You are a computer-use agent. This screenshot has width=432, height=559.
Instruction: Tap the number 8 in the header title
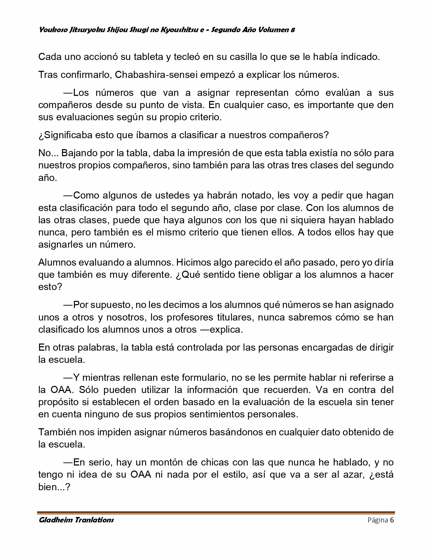tap(292, 30)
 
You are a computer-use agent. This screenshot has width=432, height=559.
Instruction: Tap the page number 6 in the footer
tap(392, 520)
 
